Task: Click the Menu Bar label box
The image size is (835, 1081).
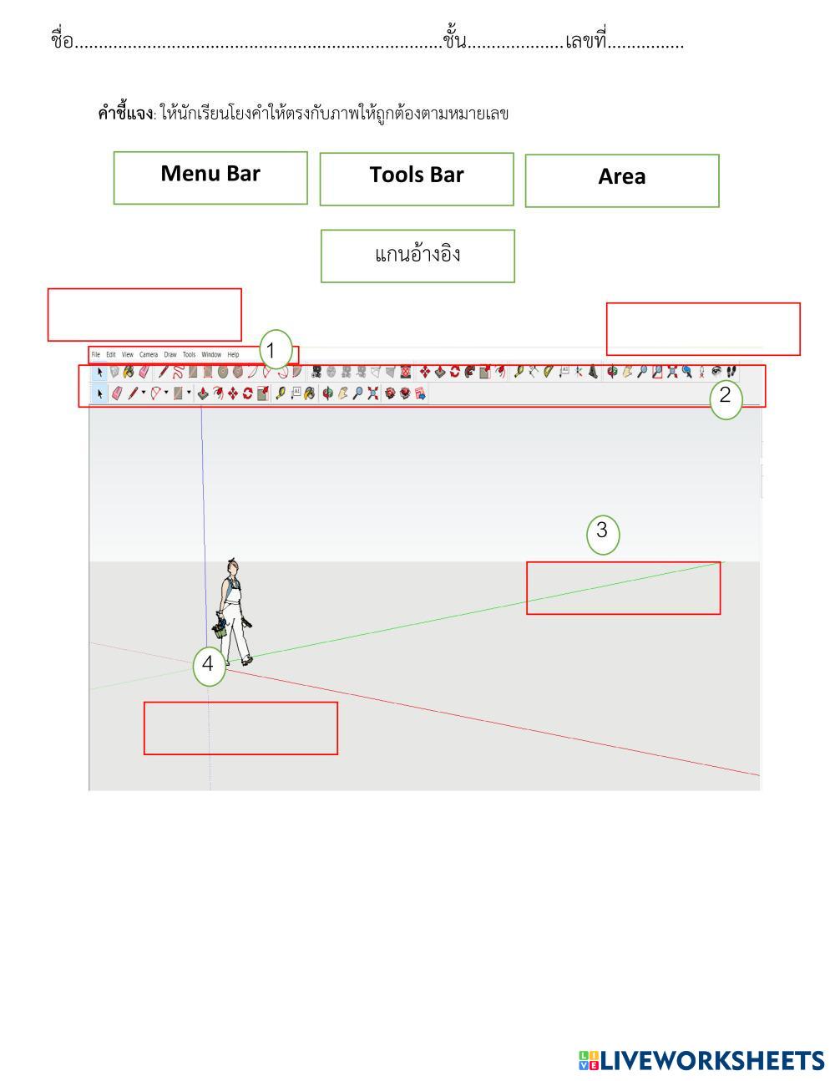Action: tap(210, 177)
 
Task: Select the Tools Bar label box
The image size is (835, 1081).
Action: tap(417, 179)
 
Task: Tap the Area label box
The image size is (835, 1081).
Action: tap(622, 180)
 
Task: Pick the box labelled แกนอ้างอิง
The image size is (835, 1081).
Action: tap(417, 256)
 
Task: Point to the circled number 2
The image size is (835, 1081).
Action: tap(725, 396)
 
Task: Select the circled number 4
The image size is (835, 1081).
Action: tap(208, 665)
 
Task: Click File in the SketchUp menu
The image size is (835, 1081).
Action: tap(96, 355)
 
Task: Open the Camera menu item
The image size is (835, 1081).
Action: tap(149, 355)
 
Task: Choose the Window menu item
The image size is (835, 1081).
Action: tap(211, 355)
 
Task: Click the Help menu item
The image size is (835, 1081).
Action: tap(233, 355)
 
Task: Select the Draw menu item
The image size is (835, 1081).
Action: tap(170, 355)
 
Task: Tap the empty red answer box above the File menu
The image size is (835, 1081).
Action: tap(144, 315)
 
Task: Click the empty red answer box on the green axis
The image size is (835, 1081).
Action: tap(623, 588)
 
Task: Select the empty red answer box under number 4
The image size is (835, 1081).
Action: tap(240, 728)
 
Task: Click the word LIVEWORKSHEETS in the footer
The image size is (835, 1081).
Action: tap(711, 1061)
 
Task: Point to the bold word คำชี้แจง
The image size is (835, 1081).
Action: tap(125, 114)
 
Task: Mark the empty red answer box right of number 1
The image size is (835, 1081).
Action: tap(703, 329)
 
